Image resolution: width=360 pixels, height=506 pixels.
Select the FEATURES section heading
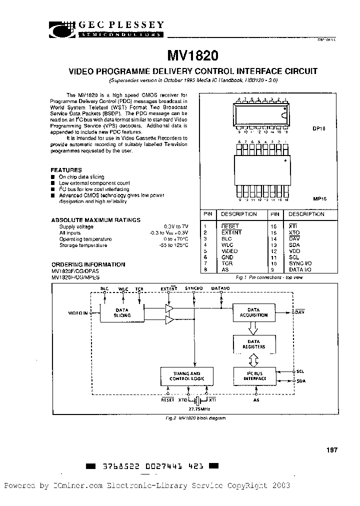point(66,170)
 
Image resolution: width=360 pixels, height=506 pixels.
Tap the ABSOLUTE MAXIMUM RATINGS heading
point(95,220)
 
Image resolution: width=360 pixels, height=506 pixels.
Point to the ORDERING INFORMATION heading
point(88,264)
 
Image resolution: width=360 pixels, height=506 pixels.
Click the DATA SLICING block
point(122,312)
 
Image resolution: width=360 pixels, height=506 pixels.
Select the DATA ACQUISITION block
point(254,312)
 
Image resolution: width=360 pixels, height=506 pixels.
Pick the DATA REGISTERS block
point(254,344)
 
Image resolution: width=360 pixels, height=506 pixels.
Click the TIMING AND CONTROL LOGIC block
point(186,376)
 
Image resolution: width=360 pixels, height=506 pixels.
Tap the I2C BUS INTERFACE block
point(254,376)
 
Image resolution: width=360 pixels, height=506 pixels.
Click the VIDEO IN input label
point(77,313)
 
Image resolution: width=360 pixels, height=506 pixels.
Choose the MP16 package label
point(319,198)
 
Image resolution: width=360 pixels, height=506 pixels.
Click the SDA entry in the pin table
point(294,245)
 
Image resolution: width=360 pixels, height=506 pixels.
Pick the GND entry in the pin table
point(227,257)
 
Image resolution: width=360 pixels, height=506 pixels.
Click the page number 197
point(332,450)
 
